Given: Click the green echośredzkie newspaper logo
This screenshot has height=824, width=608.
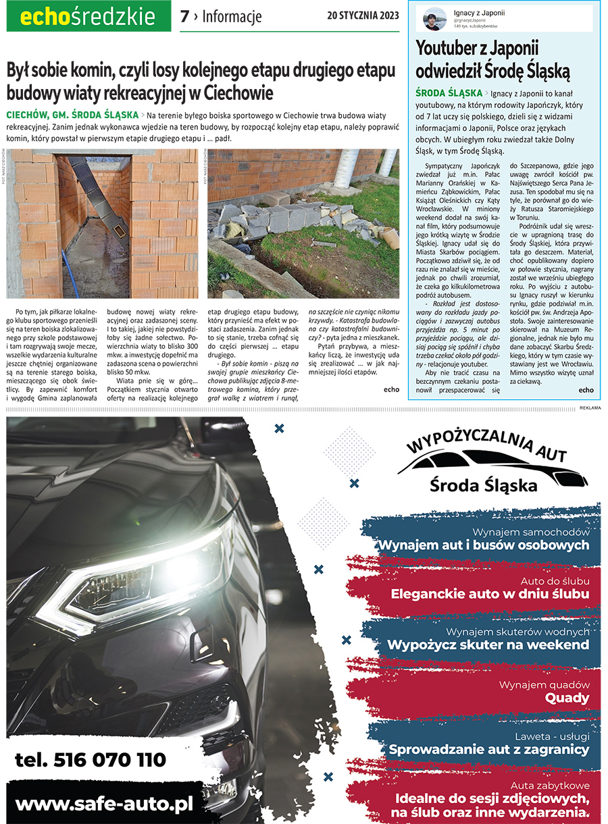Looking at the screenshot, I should coord(88,17).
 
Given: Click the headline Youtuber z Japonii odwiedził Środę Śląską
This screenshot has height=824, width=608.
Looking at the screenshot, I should coord(493,59).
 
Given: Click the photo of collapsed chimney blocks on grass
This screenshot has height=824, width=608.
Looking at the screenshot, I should coord(303,223).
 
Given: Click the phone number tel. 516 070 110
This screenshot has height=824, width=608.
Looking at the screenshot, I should coord(90,760).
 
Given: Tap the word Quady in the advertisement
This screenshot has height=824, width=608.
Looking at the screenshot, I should coord(567,698).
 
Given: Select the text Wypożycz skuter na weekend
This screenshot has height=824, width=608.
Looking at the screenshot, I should coord(488,645).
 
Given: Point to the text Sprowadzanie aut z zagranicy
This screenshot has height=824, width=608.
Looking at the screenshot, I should coord(489,749).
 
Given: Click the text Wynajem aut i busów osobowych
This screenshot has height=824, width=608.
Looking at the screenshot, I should coord(484,545).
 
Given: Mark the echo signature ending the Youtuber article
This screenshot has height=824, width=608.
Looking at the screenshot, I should coord(586,390).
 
